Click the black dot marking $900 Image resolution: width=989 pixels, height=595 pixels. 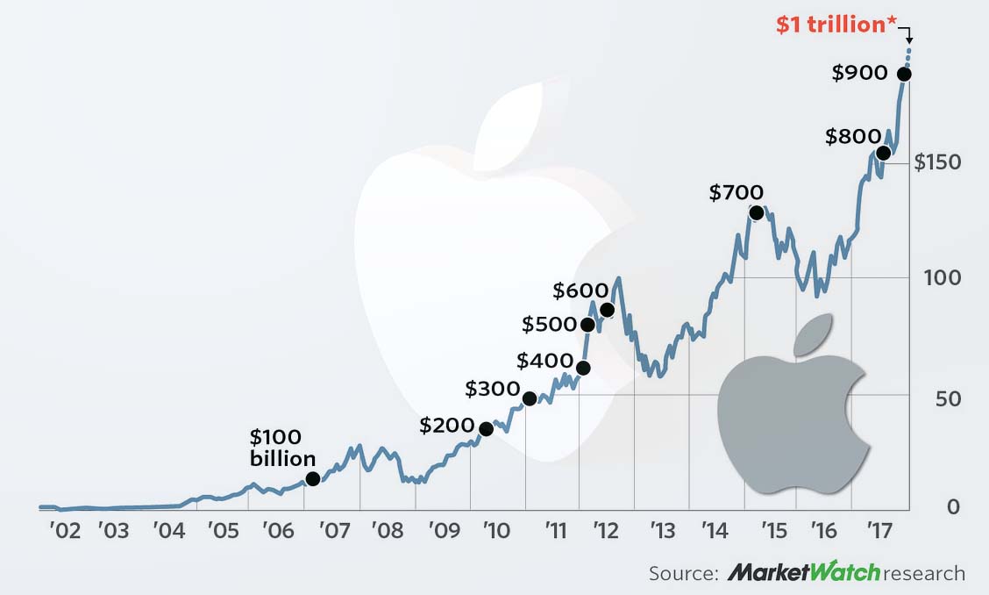(904, 75)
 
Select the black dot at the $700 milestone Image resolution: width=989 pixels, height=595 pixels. (757, 213)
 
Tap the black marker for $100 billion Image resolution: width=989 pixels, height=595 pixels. (312, 479)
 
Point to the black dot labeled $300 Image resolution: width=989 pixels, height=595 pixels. (530, 398)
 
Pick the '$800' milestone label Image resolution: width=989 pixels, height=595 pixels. (852, 137)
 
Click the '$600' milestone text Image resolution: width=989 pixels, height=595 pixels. (580, 290)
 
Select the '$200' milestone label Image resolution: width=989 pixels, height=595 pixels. (447, 426)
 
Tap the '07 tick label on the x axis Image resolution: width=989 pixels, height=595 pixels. (333, 532)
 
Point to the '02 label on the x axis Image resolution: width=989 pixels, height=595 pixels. (65, 532)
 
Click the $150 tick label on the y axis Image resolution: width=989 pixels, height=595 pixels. (937, 162)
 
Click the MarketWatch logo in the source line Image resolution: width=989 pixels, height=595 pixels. (803, 574)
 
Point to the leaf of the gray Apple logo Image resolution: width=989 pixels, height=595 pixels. (813, 334)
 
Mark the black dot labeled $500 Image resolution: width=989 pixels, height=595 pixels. (587, 325)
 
